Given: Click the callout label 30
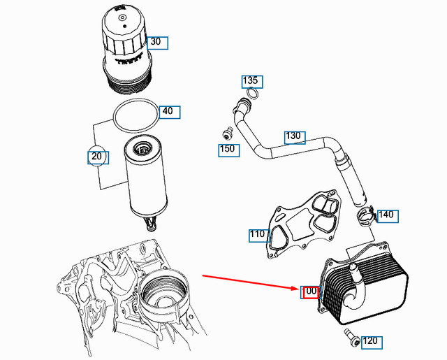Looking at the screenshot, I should pyautogui.click(x=157, y=42).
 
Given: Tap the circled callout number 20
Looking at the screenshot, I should pyautogui.click(x=98, y=157).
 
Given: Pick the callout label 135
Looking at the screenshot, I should pyautogui.click(x=251, y=81).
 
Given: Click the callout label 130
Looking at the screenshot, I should pyautogui.click(x=294, y=136).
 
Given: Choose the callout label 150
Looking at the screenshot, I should pyautogui.click(x=228, y=149).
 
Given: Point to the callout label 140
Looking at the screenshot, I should pyautogui.click(x=386, y=215).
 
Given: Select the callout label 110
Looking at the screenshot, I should pyautogui.click(x=258, y=234).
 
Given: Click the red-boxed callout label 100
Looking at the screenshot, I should pyautogui.click(x=309, y=291).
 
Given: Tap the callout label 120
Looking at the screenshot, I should pyautogui.click(x=371, y=341).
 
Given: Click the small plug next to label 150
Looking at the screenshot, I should pyautogui.click(x=226, y=134).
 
